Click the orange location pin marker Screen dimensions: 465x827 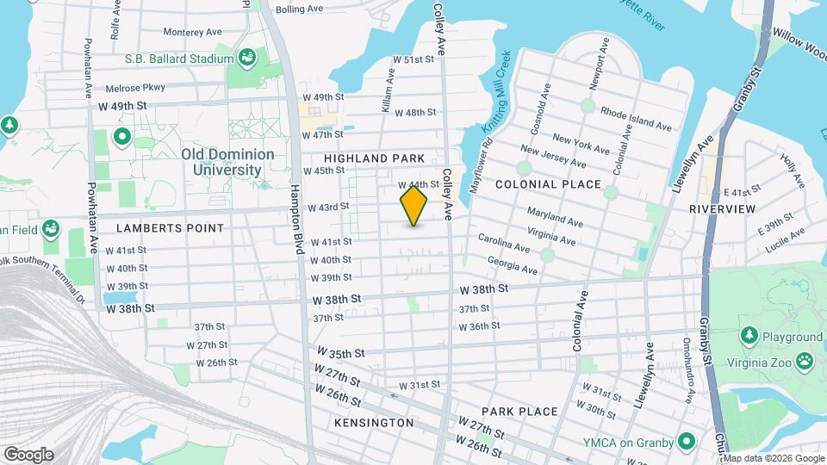[413, 206]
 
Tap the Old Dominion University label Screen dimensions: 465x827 [227, 162]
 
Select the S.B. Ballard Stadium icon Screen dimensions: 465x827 [247, 58]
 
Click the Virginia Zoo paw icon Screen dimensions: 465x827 [805, 360]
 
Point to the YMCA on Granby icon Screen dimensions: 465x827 [687, 443]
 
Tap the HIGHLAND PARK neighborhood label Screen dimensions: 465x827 [375, 158]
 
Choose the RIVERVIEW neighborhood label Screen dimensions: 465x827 [722, 209]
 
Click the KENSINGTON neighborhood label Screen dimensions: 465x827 [373, 423]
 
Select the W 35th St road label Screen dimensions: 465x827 [342, 353]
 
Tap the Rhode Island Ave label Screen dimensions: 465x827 [636, 120]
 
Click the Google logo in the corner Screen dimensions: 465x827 [28, 455]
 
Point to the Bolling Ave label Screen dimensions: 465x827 [299, 9]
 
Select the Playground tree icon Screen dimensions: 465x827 [749, 335]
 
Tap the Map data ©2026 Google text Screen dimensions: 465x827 [774, 458]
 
